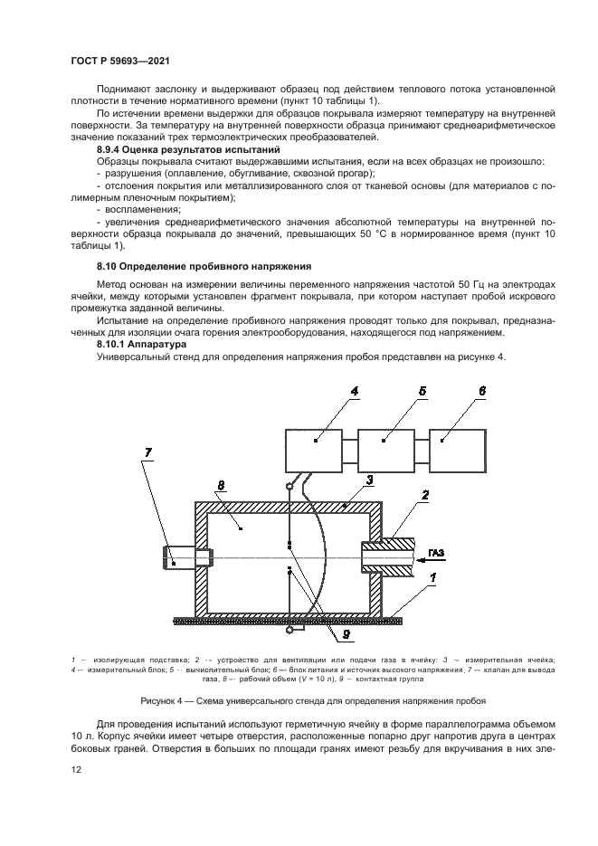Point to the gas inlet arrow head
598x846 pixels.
(418, 561)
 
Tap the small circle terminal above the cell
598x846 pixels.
(290, 488)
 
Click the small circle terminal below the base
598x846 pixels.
(290, 629)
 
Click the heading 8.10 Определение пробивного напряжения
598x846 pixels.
(204, 266)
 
